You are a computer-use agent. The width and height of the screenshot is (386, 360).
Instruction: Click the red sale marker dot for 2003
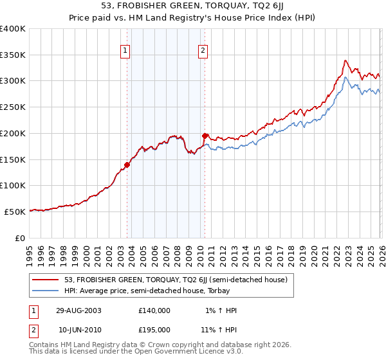(x=127, y=165)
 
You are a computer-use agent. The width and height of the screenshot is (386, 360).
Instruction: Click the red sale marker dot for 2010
(x=205, y=136)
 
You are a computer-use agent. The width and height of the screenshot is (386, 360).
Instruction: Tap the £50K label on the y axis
(x=15, y=212)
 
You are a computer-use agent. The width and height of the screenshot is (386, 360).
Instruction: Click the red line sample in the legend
(x=46, y=280)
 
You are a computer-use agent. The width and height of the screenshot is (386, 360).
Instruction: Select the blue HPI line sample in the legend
(x=46, y=291)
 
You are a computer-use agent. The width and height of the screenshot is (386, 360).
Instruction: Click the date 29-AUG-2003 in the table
(x=78, y=310)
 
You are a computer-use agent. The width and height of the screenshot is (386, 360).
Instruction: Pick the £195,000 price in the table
(x=154, y=329)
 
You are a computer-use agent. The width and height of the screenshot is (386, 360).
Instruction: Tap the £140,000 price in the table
(x=154, y=310)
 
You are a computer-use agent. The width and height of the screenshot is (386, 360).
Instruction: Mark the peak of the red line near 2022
(x=345, y=60)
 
